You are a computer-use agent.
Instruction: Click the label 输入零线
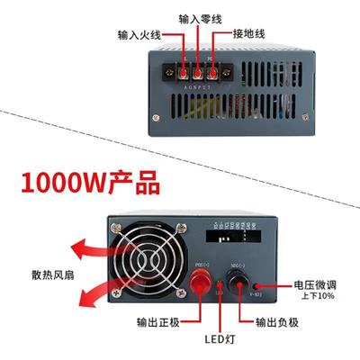point(198,18)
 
